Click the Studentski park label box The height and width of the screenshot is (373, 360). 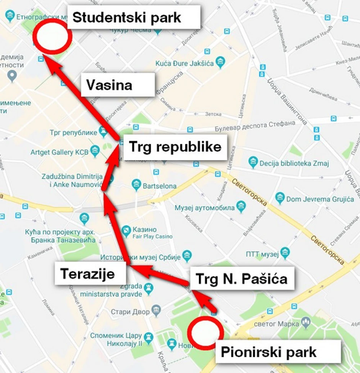click(134, 17)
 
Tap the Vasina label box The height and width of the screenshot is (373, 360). click(118, 85)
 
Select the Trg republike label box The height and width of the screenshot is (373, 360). click(175, 147)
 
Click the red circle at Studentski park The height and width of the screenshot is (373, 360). click(52, 36)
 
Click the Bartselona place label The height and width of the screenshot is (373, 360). click(159, 186)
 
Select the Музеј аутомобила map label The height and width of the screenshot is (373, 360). click(205, 208)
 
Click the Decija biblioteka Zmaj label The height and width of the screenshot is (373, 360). click(294, 163)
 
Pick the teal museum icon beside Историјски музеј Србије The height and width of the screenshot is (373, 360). click(187, 255)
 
